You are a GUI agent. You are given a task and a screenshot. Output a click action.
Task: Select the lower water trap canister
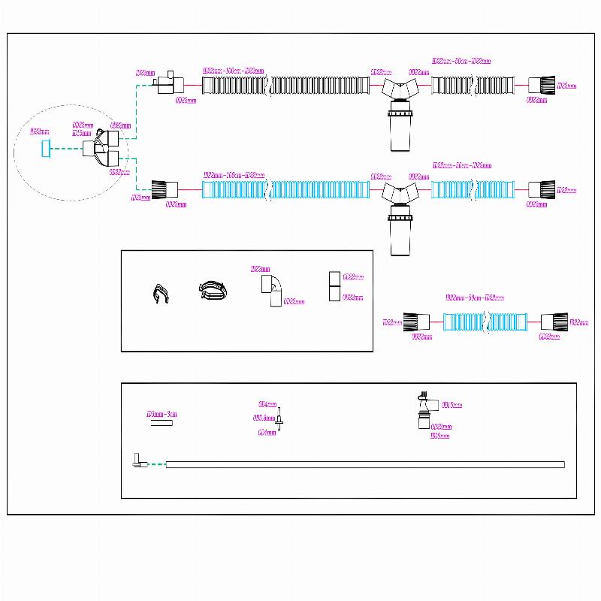399,232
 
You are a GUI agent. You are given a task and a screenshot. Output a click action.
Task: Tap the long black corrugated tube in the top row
286,83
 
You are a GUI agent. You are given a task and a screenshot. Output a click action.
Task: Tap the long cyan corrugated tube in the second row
286,186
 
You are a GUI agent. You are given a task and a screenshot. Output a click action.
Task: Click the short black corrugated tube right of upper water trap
473,84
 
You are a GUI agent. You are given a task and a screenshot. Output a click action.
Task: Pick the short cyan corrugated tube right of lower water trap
473,187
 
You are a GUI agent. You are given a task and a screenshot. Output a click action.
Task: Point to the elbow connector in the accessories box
272,289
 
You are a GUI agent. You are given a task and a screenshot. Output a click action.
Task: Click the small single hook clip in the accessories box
160,293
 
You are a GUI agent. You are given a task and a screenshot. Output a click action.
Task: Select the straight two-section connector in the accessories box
334,287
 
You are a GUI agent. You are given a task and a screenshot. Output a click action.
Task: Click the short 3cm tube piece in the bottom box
161,423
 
